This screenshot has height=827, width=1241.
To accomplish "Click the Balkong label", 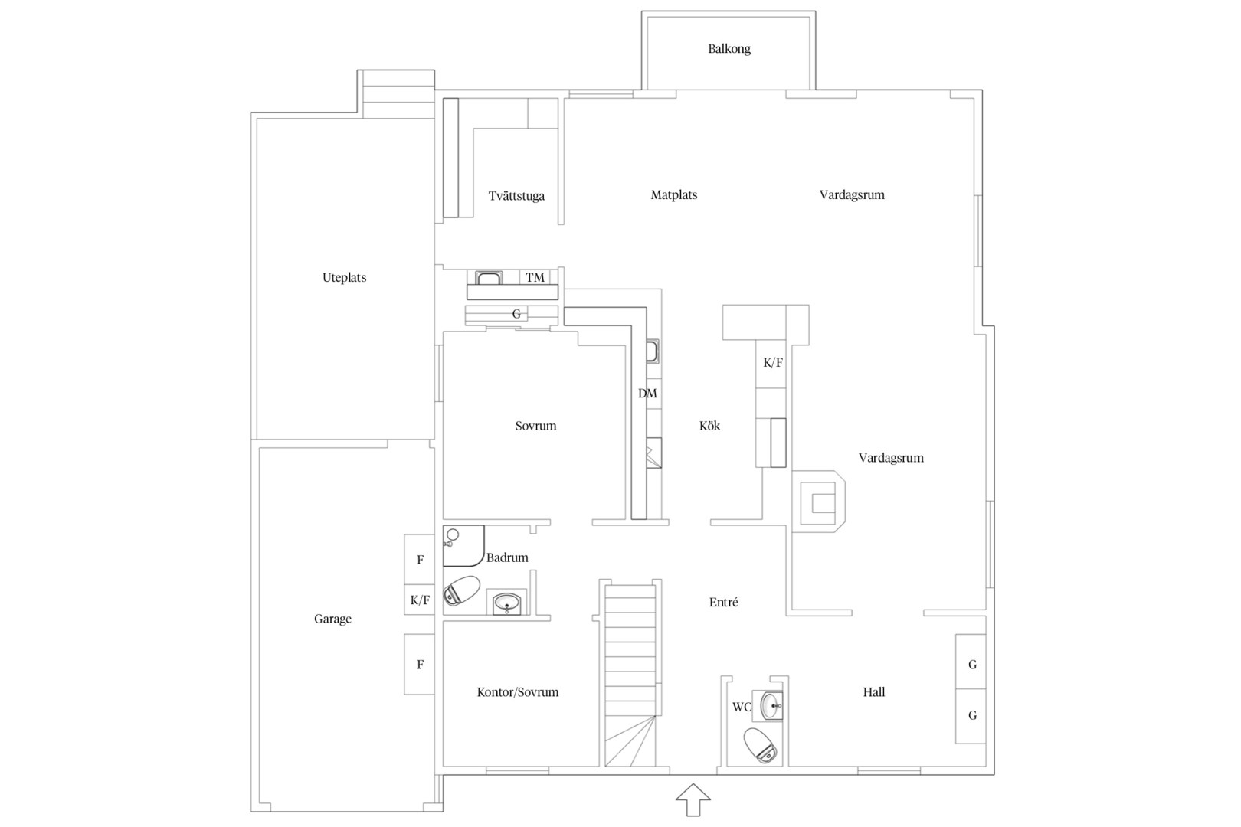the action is pyautogui.click(x=729, y=49).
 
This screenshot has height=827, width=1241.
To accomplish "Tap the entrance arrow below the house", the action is pyautogui.click(x=693, y=799).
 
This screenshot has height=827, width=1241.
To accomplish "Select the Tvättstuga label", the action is pyautogui.click(x=516, y=195).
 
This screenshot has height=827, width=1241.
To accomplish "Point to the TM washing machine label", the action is pyautogui.click(x=535, y=277).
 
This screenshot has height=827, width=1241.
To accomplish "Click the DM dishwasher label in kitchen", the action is pyautogui.click(x=647, y=394).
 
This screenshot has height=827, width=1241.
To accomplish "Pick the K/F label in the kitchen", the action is pyautogui.click(x=773, y=363).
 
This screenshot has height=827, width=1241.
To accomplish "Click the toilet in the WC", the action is pyautogui.click(x=760, y=745).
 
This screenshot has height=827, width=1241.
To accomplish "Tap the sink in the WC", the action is pyautogui.click(x=771, y=706).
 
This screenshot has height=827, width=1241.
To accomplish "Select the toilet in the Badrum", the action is pyautogui.click(x=461, y=590).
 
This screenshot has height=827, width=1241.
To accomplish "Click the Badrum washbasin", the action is pyautogui.click(x=506, y=602).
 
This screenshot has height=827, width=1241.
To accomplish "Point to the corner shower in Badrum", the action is pyautogui.click(x=463, y=546).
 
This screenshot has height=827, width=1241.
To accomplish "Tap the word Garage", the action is pyautogui.click(x=332, y=619).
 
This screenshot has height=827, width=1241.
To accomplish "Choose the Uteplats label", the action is pyautogui.click(x=344, y=277).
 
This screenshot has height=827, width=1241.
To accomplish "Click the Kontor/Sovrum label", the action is pyautogui.click(x=517, y=691).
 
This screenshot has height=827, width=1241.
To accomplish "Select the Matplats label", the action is pyautogui.click(x=673, y=195).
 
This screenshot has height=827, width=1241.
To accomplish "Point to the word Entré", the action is pyautogui.click(x=723, y=602).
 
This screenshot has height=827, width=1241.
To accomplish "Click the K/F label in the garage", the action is pyautogui.click(x=420, y=600).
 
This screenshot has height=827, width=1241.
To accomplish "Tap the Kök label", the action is pyautogui.click(x=709, y=426).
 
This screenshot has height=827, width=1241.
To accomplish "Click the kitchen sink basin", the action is pyautogui.click(x=653, y=351).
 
